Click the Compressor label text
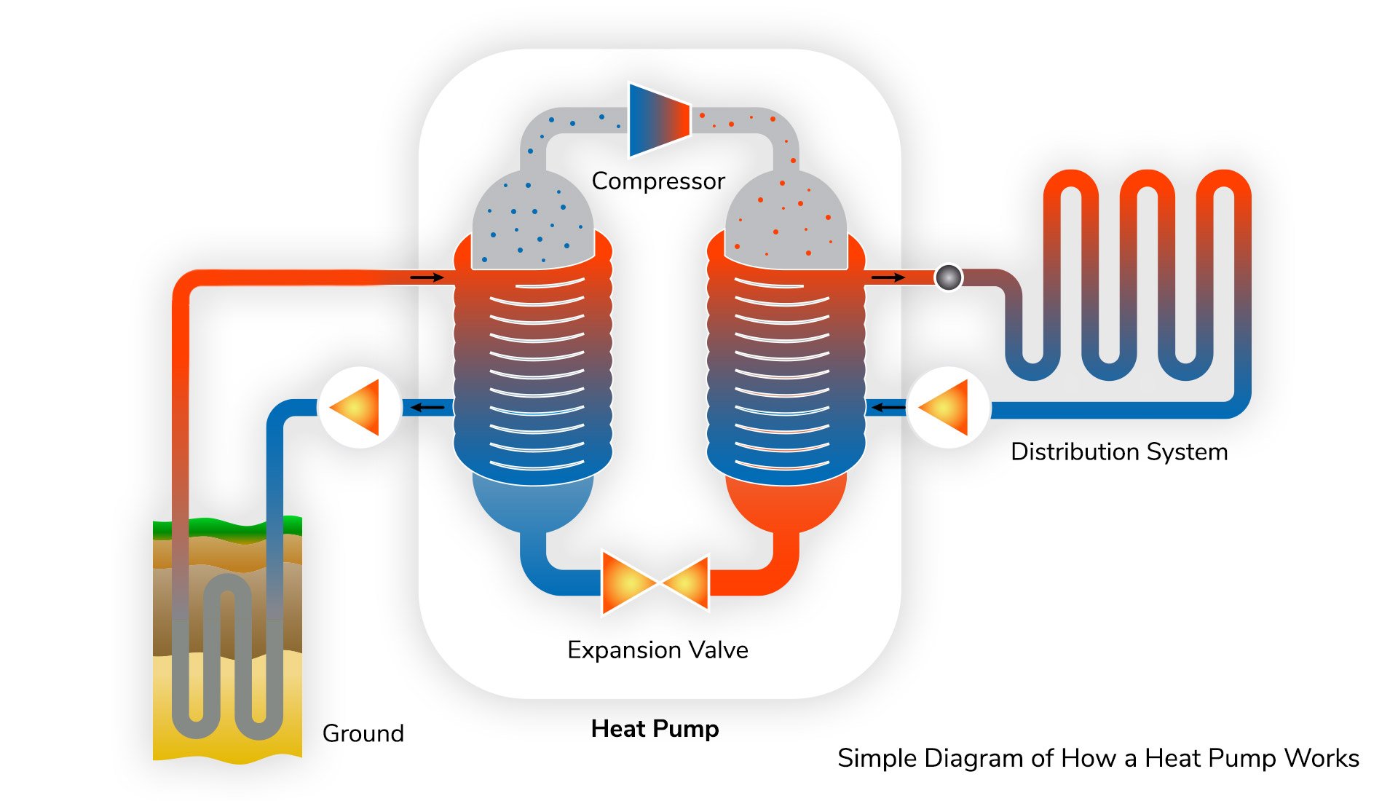(657, 181)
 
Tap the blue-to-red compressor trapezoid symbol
(658, 119)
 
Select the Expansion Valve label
(657, 650)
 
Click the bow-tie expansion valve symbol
(655, 583)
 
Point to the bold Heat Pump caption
(655, 729)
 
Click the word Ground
(363, 733)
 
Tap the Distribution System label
(1119, 451)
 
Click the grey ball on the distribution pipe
(949, 277)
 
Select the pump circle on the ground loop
(359, 407)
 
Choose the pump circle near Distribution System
(948, 407)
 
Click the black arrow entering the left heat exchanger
(427, 277)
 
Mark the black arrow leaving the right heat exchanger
(888, 277)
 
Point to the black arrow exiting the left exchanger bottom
(428, 407)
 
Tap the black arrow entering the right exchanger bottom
(888, 407)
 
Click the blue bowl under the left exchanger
(533, 502)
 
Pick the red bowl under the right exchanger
(786, 502)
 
